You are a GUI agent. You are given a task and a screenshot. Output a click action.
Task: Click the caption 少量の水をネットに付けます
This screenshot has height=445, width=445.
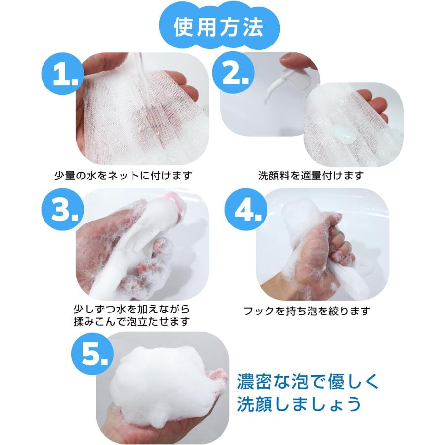(x=123, y=175)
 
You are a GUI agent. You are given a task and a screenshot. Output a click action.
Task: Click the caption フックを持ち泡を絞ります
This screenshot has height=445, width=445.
(x=307, y=311)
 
